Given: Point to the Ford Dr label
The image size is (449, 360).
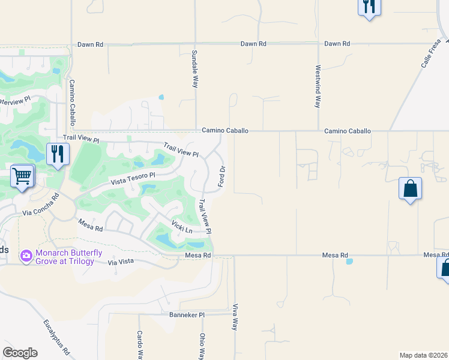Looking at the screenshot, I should coord(221,176).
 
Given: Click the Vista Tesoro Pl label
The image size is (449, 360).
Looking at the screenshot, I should coord(133,178).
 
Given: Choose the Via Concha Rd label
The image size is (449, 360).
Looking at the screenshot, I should coord(41,205).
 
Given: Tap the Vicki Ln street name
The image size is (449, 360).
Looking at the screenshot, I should coord(182,228).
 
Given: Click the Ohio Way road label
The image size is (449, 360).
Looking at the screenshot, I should coord(202,346).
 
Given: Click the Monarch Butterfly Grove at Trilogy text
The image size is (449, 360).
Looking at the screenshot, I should coord(64,257).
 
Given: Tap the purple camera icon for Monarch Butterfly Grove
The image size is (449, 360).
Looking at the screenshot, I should coord(26,257).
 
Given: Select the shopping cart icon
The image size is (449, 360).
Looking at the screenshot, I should coord(22,176).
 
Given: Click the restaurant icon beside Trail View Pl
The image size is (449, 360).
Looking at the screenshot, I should coord(58,154).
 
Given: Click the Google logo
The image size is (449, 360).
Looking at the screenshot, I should coord(20,353).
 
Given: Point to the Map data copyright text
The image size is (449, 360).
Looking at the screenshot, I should coord(424,355).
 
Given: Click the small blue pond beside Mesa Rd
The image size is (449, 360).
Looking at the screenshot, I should coord(349,262).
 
